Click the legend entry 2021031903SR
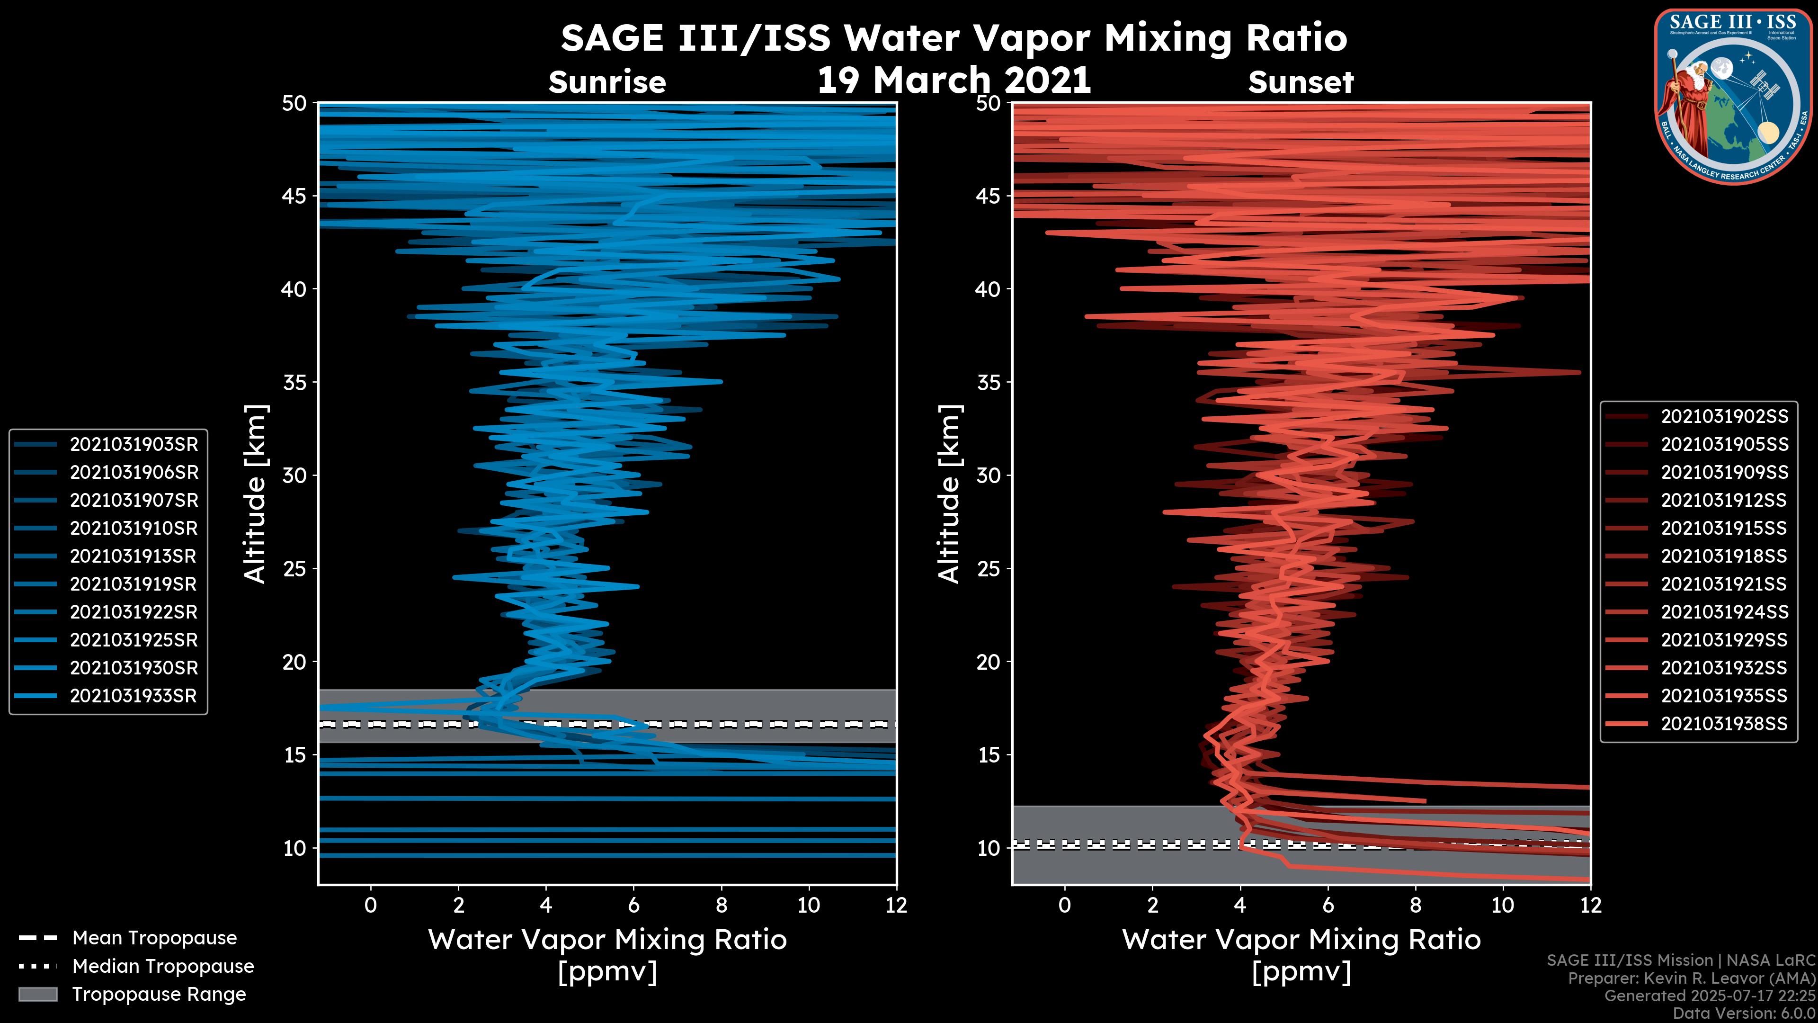click(x=134, y=444)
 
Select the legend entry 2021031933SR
click(x=134, y=695)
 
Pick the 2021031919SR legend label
click(x=134, y=584)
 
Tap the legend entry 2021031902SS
click(x=1724, y=417)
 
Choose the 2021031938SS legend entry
click(x=1724, y=724)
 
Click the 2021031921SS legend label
click(x=1724, y=584)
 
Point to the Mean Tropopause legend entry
click(x=154, y=938)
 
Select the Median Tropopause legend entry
click(x=162, y=966)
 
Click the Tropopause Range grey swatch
click(x=38, y=994)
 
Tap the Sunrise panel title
click(x=607, y=82)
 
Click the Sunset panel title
click(x=1301, y=82)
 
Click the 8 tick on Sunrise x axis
click(x=721, y=905)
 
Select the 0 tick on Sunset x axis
click(x=1064, y=905)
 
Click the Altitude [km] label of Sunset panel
click(x=950, y=494)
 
